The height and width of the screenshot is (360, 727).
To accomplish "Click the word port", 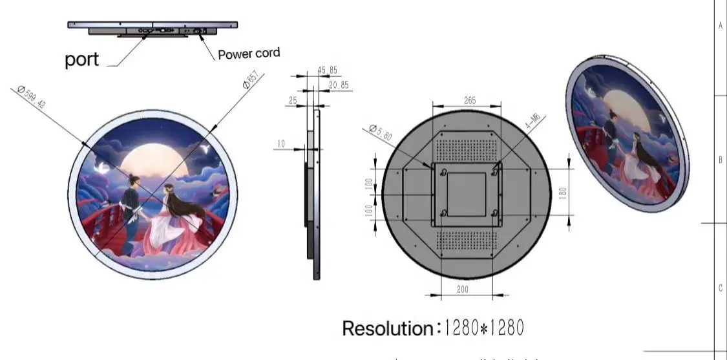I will tap(82, 59).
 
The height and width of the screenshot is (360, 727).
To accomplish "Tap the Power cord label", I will tap(249, 54).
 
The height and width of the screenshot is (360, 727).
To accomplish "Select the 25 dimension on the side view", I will tap(293, 101).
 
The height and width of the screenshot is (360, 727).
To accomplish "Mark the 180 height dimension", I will tap(564, 192).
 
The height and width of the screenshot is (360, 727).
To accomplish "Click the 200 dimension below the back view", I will tap(463, 290).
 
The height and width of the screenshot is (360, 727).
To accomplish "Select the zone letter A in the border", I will tap(721, 26).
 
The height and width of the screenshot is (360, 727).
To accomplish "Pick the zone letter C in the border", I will tap(721, 288).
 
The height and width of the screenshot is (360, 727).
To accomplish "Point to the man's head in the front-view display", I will tap(133, 178).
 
